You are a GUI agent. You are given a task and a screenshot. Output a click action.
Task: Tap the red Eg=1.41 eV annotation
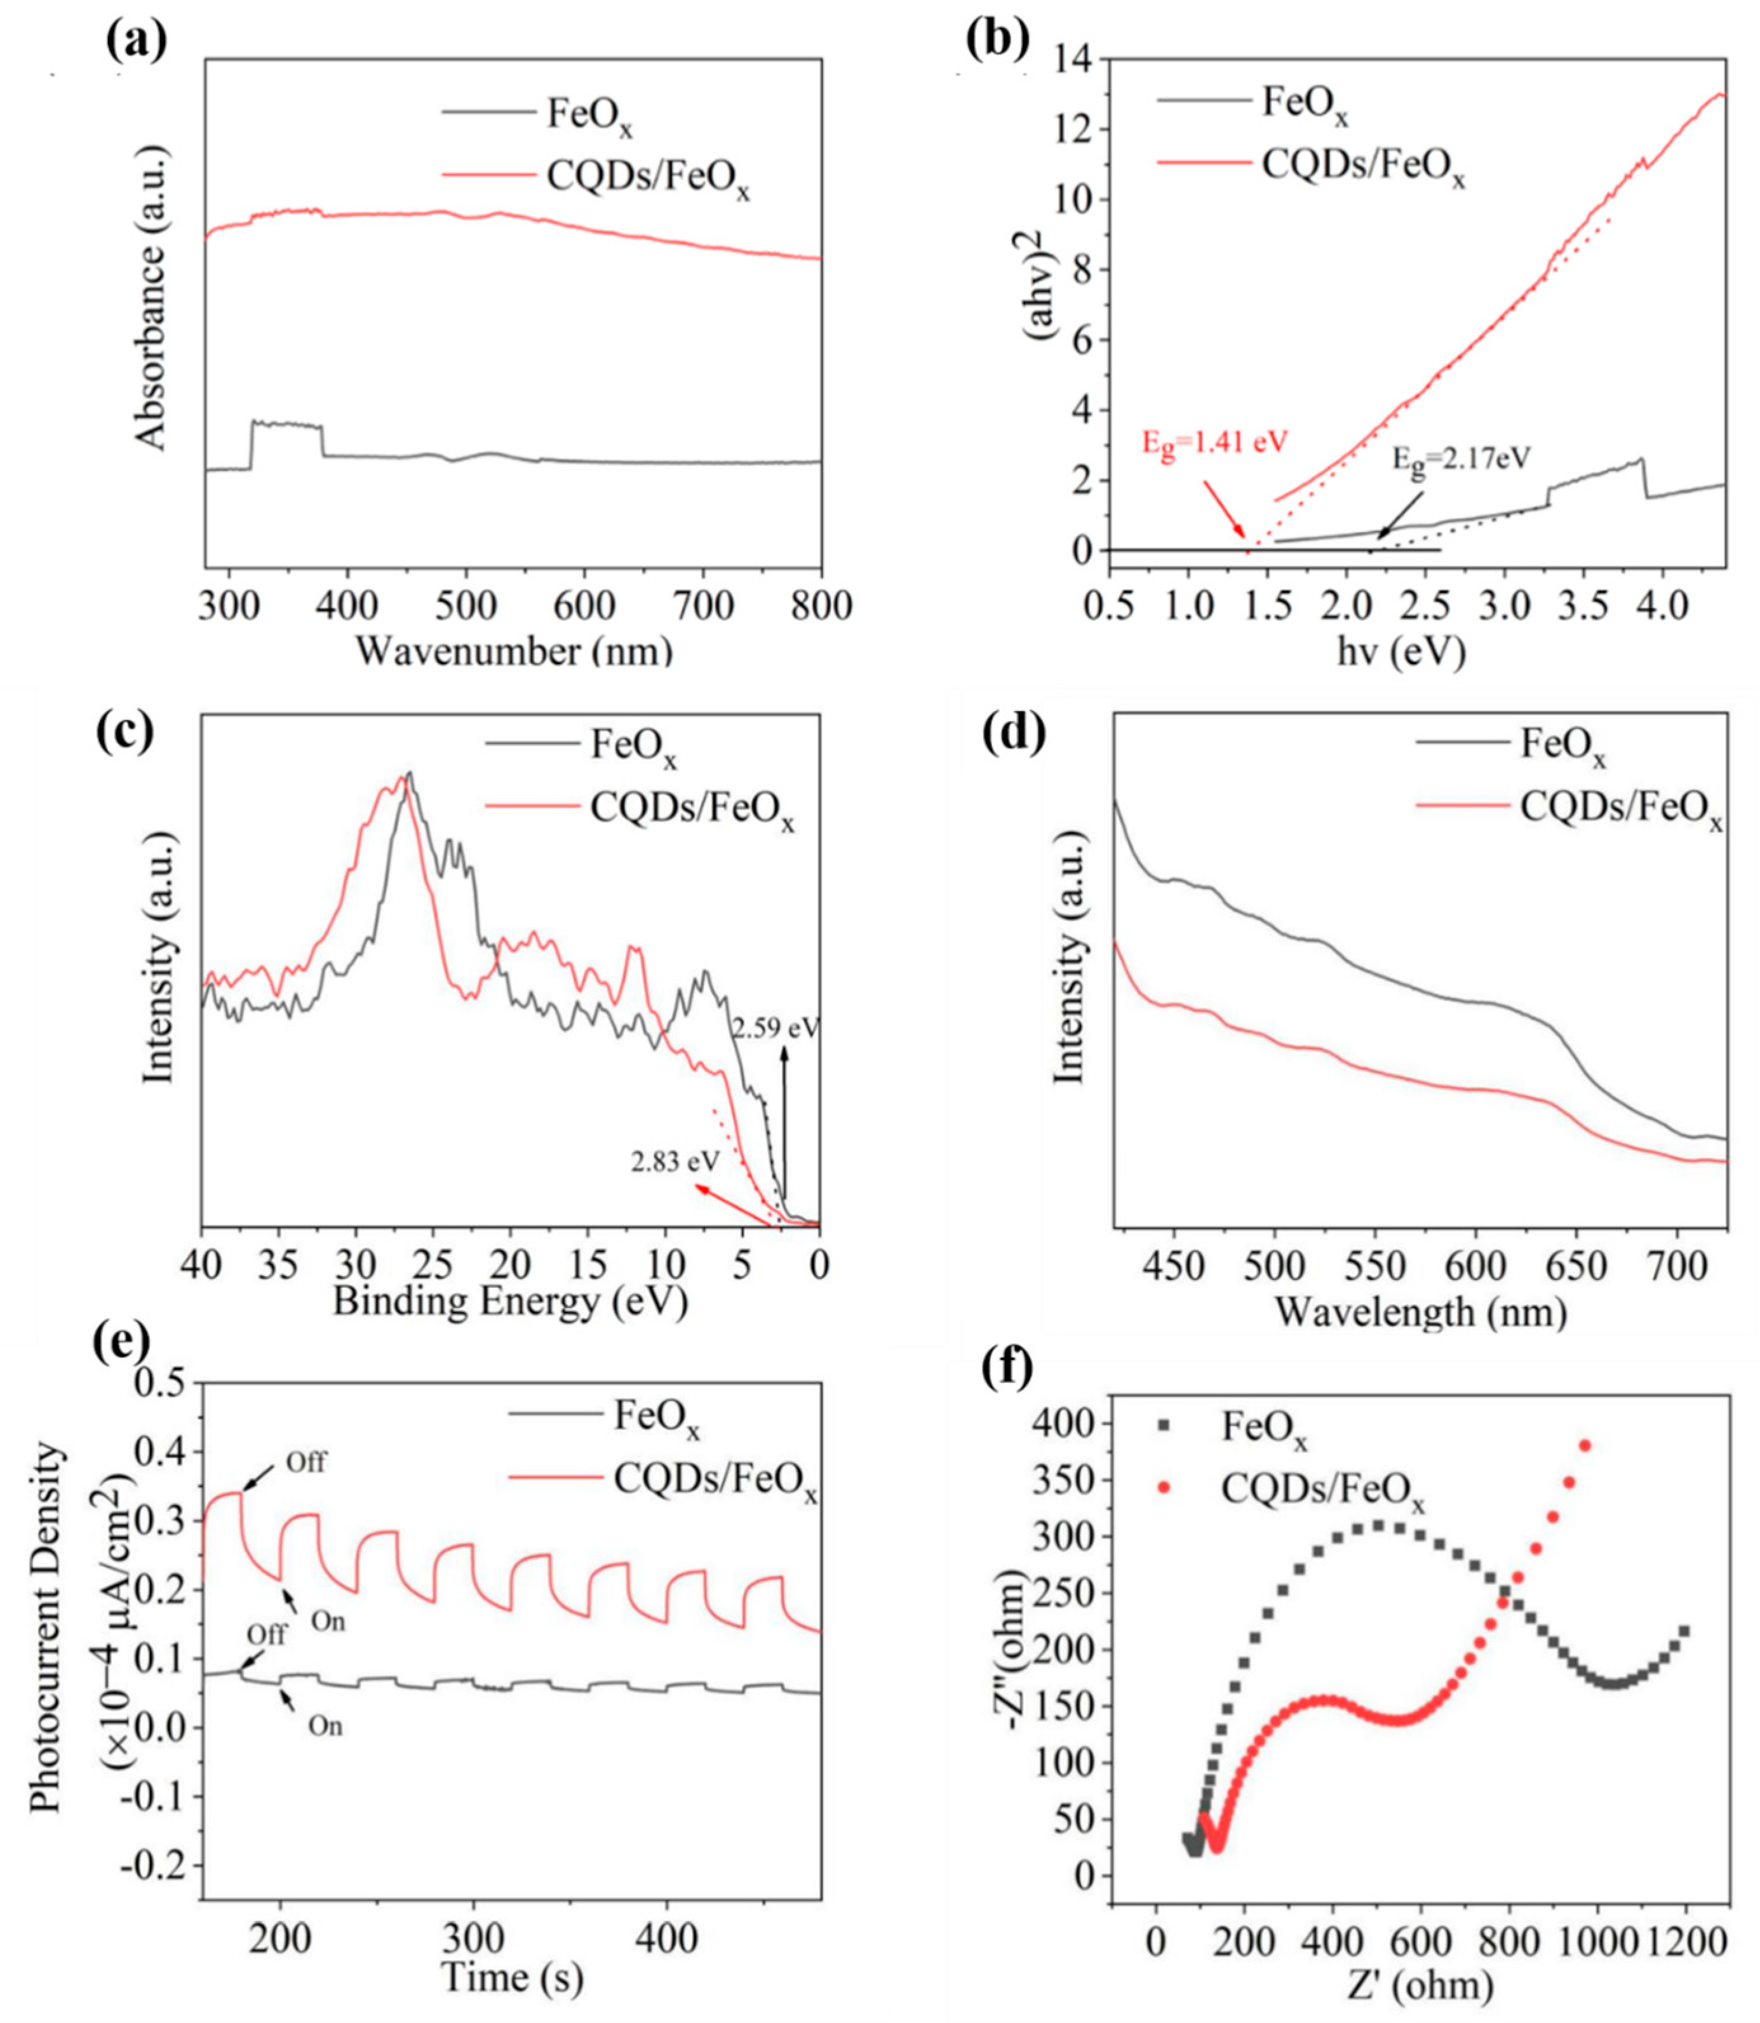(1214, 442)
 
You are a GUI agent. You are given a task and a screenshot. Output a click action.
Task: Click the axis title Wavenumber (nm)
(514, 650)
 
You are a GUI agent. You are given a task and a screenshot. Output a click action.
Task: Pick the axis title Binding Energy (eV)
(510, 1302)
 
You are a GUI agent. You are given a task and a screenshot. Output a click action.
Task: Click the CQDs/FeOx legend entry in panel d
(1620, 807)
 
